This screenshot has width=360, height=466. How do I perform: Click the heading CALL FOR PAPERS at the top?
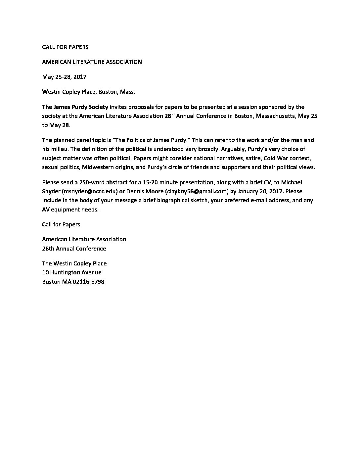pyautogui.click(x=65, y=47)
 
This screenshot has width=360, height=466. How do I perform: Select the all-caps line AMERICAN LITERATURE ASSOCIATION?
pyautogui.click(x=92, y=62)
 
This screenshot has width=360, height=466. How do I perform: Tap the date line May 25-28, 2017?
pyautogui.click(x=64, y=77)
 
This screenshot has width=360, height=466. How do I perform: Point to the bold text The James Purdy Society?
pyautogui.click(x=75, y=107)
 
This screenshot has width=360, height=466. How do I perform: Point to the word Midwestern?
pyautogui.click(x=98, y=167)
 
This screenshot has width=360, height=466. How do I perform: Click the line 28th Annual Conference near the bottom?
pyautogui.click(x=74, y=248)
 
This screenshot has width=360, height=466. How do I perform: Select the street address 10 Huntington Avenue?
pyautogui.click(x=72, y=272)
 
